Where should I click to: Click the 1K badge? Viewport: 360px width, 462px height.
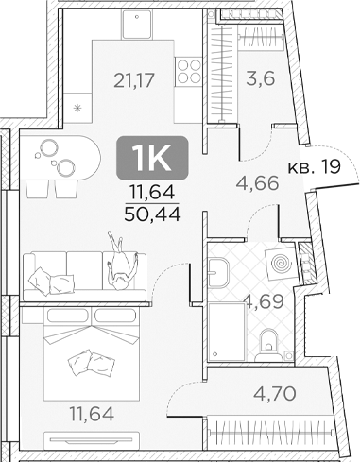pyautogui.click(x=152, y=158)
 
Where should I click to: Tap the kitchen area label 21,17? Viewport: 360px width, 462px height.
pyautogui.click(x=134, y=80)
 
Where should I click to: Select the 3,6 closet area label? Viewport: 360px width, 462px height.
pyautogui.click(x=261, y=78)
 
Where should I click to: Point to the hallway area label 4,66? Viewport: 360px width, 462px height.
pyautogui.click(x=257, y=183)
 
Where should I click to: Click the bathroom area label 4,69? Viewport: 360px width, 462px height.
pyautogui.click(x=265, y=302)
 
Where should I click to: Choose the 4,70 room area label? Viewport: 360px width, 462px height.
pyautogui.click(x=274, y=393)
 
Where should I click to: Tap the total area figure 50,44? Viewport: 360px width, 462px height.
pyautogui.click(x=152, y=214)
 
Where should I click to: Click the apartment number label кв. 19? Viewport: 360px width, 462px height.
pyautogui.click(x=314, y=166)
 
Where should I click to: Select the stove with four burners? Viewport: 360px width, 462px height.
pyautogui.click(x=188, y=72)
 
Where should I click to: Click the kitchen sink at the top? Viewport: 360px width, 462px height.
pyautogui.click(x=137, y=24)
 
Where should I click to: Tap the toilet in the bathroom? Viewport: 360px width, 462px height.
pyautogui.click(x=268, y=345)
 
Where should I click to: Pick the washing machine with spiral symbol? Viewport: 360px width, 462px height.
pyautogui.click(x=281, y=263)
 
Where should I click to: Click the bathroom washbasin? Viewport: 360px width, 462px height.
pyautogui.click(x=218, y=272)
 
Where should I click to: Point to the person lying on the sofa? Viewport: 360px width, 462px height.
pyautogui.click(x=121, y=261)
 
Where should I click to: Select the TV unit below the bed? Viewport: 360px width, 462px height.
pyautogui.click(x=92, y=439)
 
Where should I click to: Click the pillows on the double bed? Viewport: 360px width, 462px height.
pyautogui.click(x=92, y=363)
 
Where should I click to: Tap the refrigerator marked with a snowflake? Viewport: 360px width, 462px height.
pyautogui.click(x=77, y=108)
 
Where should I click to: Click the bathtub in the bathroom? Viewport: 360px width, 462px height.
pyautogui.click(x=227, y=332)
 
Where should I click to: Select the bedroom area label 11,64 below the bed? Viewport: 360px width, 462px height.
pyautogui.click(x=92, y=414)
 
